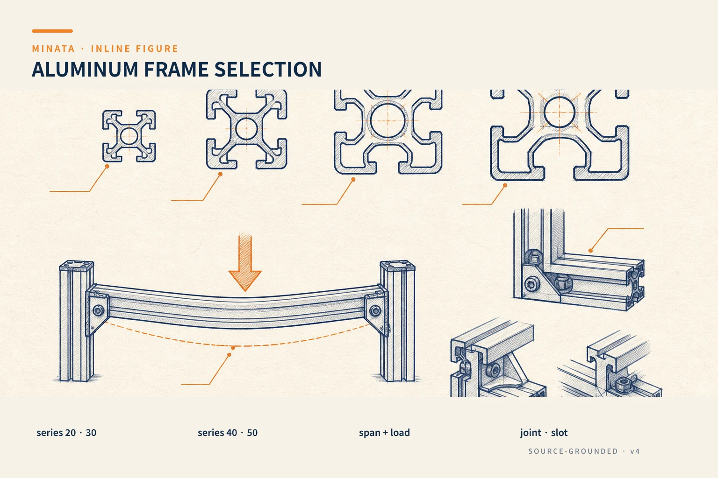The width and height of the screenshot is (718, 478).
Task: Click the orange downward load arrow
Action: (x=245, y=262)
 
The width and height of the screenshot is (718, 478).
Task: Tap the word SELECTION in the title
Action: (x=268, y=69)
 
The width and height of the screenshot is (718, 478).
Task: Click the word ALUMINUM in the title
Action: (x=85, y=69)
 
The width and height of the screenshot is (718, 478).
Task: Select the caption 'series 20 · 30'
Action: (x=66, y=433)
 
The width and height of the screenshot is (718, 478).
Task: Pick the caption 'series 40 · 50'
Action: (x=228, y=433)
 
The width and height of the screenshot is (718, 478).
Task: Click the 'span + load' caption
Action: (x=384, y=433)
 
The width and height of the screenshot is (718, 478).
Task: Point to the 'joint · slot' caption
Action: (x=544, y=433)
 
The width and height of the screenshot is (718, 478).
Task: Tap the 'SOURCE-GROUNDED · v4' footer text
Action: (x=584, y=451)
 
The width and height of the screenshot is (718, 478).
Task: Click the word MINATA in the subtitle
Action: (x=53, y=49)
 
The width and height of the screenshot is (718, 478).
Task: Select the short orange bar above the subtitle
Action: (x=52, y=31)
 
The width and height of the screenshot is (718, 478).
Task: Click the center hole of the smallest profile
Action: (x=129, y=136)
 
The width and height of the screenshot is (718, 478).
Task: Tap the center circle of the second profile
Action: (x=246, y=129)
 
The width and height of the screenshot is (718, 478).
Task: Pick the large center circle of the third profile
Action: (x=388, y=121)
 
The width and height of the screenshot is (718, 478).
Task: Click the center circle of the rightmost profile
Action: (x=560, y=112)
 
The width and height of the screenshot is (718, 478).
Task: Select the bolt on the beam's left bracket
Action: (x=98, y=310)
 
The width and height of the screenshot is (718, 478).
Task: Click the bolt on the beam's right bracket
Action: (x=375, y=310)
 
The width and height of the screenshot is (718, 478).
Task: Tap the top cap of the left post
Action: (x=77, y=266)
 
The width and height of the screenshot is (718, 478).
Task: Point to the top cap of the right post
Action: (x=397, y=266)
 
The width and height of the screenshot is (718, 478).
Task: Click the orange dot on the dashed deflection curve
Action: (x=233, y=348)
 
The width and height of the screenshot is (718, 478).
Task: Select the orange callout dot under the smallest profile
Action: (x=107, y=167)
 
